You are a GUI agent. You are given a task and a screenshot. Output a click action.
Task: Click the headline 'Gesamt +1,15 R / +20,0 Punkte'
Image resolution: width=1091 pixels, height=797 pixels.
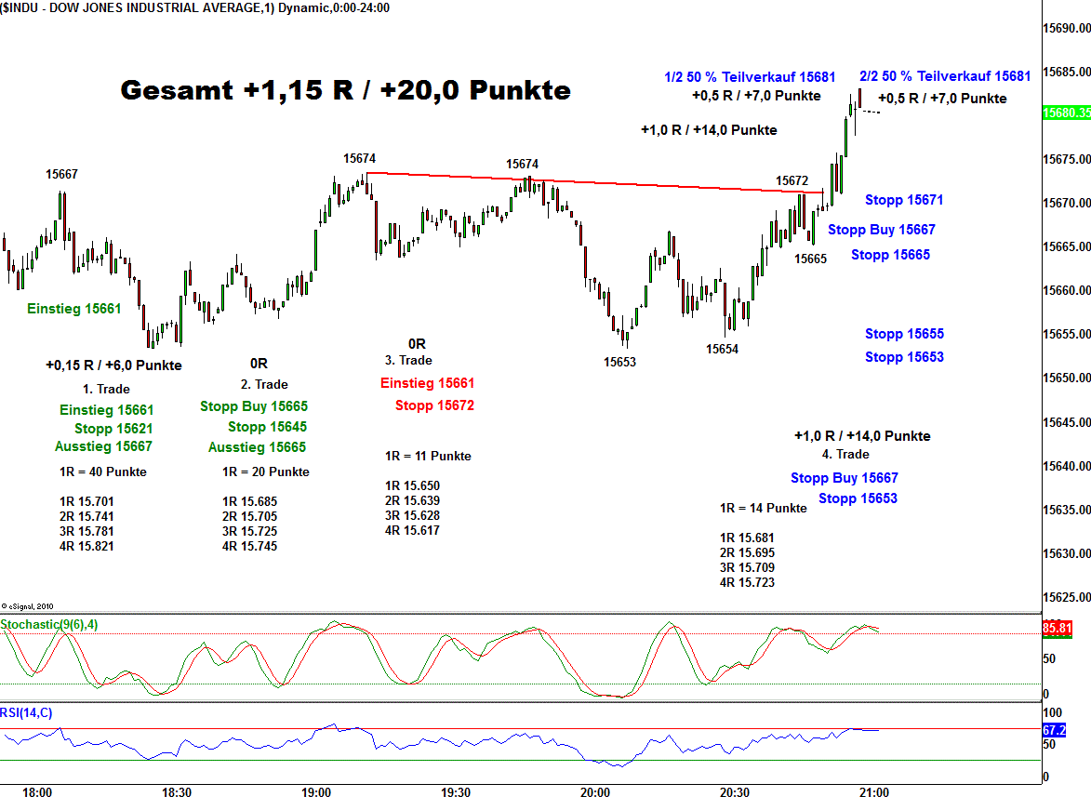(345, 90)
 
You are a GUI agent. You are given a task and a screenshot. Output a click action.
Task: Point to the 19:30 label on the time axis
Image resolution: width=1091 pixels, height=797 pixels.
(455, 792)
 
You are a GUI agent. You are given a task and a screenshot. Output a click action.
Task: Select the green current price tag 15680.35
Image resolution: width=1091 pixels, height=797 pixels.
(1066, 113)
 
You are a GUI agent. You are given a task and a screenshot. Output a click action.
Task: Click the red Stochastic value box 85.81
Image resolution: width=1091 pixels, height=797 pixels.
(1058, 629)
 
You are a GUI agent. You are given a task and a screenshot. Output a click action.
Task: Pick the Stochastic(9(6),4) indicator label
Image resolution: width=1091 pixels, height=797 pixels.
(48, 624)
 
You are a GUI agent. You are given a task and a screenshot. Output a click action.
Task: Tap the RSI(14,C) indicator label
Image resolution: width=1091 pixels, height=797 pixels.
(26, 713)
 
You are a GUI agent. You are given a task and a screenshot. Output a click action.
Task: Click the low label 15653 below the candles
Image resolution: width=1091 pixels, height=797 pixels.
(619, 362)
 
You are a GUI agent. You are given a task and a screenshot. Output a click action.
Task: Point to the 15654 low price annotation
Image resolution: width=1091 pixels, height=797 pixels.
(722, 349)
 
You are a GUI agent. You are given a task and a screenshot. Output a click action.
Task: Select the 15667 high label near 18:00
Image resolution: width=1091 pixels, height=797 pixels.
(62, 174)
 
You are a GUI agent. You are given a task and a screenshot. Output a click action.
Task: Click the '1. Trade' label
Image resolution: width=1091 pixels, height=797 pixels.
(106, 389)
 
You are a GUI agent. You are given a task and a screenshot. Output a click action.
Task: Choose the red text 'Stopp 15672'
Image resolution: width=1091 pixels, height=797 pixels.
(434, 405)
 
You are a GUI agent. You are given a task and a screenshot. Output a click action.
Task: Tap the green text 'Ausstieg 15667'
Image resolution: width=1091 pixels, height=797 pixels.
(103, 446)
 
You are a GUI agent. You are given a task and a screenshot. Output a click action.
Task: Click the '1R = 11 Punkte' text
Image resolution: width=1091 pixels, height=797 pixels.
(428, 456)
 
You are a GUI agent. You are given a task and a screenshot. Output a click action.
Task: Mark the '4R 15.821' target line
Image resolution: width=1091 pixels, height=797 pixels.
(86, 546)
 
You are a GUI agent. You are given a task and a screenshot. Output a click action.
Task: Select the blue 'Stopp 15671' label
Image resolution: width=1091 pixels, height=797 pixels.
(904, 200)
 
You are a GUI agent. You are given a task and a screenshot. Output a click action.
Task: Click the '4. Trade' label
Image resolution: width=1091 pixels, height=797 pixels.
(845, 454)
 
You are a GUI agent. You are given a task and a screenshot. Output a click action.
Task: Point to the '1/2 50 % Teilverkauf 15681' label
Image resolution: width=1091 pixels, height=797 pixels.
(750, 77)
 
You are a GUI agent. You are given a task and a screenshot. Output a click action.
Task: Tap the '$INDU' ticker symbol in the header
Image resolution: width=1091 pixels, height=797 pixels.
(20, 7)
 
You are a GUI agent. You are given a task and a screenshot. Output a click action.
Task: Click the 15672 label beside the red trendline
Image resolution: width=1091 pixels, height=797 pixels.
(792, 179)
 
